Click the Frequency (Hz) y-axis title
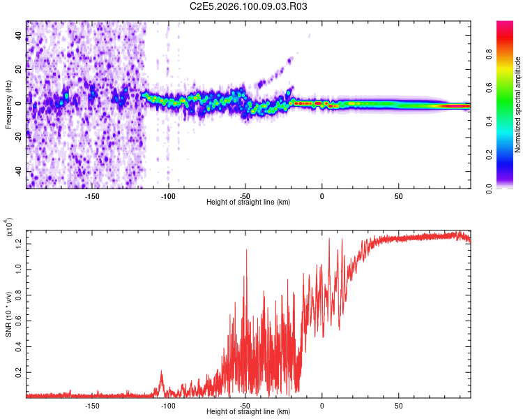point(8,105)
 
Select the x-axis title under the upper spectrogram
point(248,202)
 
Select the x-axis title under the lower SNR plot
point(248,411)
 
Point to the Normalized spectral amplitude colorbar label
point(517,105)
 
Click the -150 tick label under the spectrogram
point(92,196)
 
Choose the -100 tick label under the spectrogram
point(168,196)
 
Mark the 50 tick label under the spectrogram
point(398,196)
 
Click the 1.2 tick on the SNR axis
point(19,243)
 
